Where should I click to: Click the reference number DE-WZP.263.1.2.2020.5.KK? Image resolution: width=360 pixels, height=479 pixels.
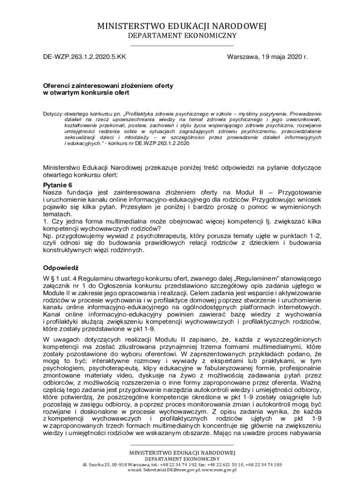(x=84, y=57)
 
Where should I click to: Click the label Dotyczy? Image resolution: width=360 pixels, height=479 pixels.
(x=53, y=114)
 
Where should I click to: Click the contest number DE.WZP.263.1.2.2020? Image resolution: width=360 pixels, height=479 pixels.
(x=162, y=143)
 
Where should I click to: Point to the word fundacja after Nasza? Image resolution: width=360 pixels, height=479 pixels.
(x=77, y=192)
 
